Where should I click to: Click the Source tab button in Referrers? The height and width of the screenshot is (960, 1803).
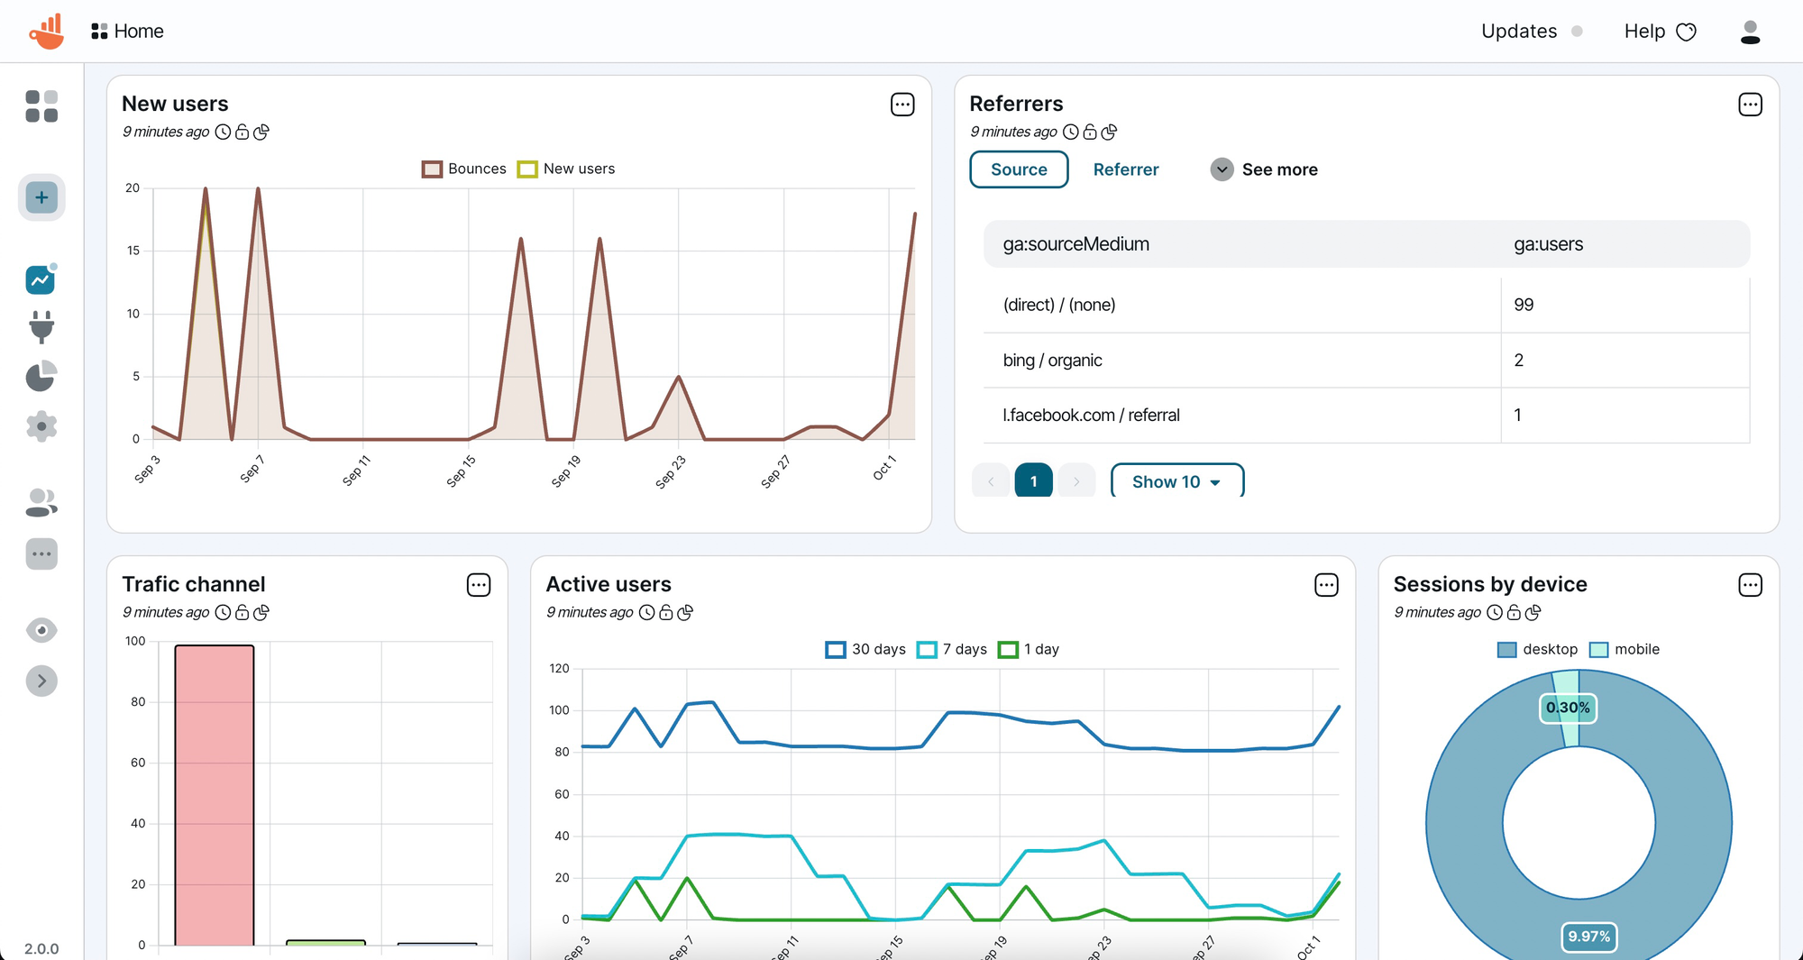point(1019,169)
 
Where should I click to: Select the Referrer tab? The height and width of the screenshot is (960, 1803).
point(1125,169)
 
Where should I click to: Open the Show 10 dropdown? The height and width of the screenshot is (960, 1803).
point(1176,482)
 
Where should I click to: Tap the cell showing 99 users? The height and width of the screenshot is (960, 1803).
point(1524,305)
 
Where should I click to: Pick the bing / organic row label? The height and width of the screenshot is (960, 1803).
point(1052,361)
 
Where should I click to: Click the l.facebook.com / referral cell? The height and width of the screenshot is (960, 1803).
point(1091,416)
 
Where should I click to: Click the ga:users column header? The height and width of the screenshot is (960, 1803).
point(1548,244)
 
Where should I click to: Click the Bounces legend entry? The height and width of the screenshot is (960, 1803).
point(464,169)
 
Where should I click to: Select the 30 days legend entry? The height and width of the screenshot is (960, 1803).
point(865,649)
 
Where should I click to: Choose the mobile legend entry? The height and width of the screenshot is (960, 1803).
point(1625,649)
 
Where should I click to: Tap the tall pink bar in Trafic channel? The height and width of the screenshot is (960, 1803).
point(215,793)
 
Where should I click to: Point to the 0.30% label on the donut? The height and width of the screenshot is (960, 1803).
point(1568,708)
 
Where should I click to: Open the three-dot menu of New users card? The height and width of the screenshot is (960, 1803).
point(902,105)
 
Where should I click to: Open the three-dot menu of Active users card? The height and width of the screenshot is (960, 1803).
point(1326,585)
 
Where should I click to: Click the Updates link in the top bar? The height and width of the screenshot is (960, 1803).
point(1519,32)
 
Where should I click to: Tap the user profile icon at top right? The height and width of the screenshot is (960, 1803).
point(1750,32)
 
